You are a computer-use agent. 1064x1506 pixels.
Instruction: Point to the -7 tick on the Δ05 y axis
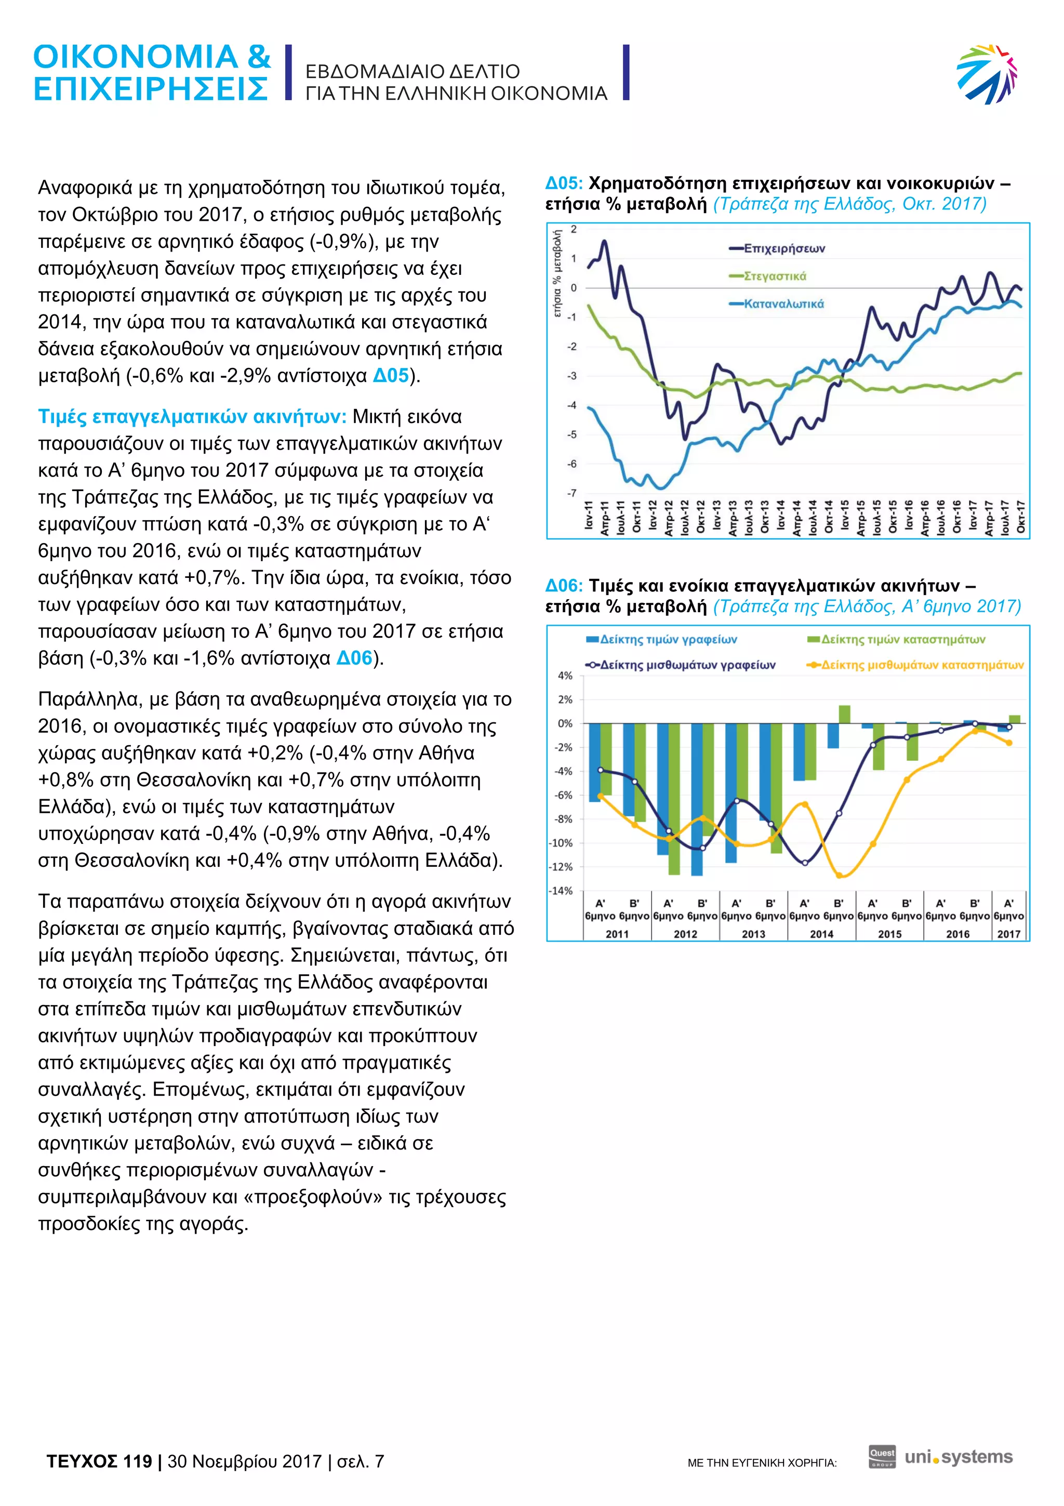(x=573, y=493)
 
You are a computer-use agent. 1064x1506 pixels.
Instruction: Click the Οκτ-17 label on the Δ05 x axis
(x=1020, y=517)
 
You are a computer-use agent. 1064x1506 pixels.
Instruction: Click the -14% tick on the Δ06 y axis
(x=561, y=891)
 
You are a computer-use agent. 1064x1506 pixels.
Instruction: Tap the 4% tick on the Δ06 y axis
(x=564, y=676)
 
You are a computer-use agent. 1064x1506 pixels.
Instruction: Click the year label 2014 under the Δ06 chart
(x=821, y=933)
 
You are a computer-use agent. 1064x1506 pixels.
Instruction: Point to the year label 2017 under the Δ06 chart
(x=1008, y=933)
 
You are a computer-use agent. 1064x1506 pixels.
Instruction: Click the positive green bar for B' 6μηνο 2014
(x=844, y=715)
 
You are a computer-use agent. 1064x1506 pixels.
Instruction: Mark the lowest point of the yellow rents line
(x=840, y=875)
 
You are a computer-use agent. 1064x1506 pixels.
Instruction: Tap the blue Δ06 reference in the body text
(x=354, y=658)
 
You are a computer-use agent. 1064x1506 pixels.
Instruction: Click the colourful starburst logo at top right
(x=987, y=73)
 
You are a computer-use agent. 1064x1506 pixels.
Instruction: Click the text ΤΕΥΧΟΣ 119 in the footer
(x=99, y=1461)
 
